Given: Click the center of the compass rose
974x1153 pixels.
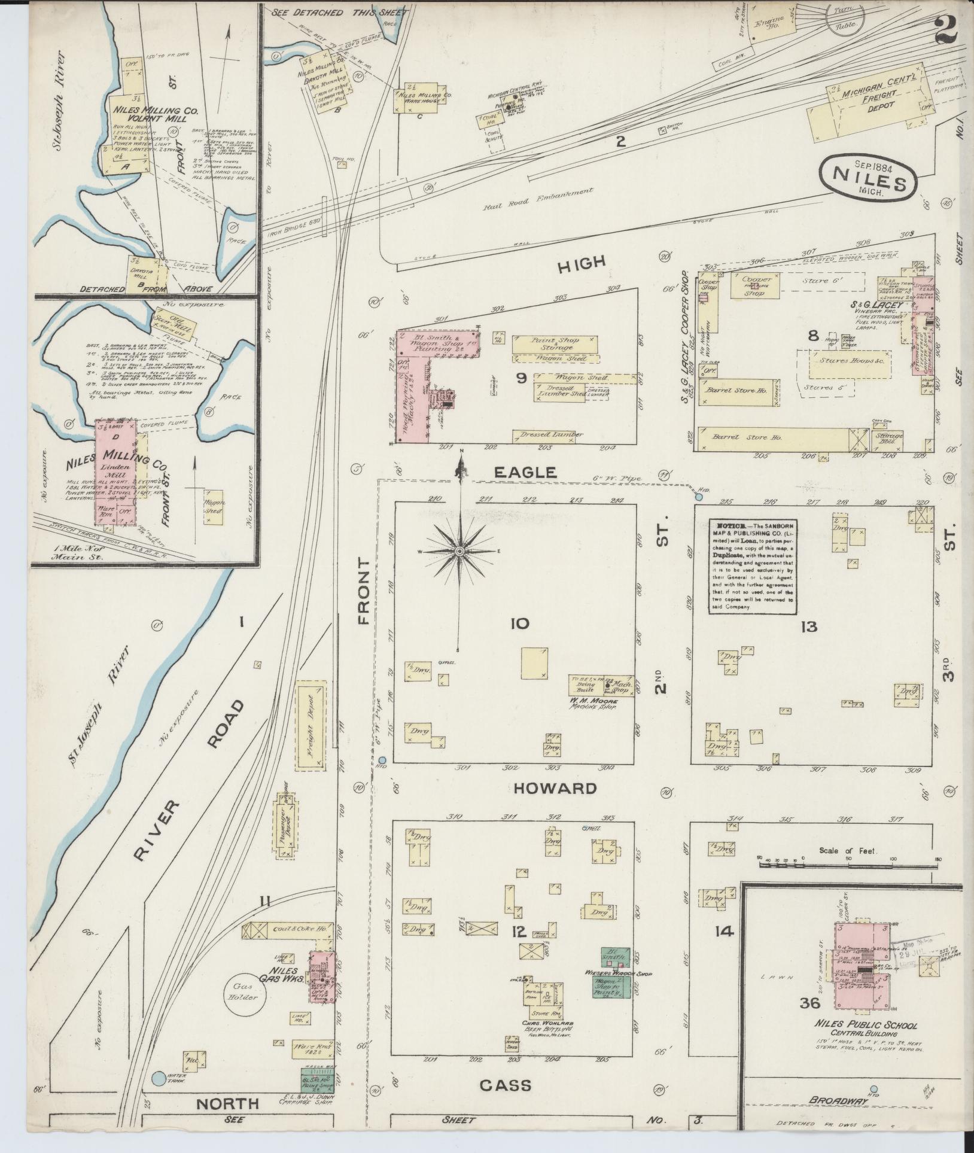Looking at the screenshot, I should (x=459, y=550).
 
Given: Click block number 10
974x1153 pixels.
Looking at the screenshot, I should (x=519, y=624).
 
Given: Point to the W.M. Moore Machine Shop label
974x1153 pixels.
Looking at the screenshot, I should (x=592, y=702).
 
